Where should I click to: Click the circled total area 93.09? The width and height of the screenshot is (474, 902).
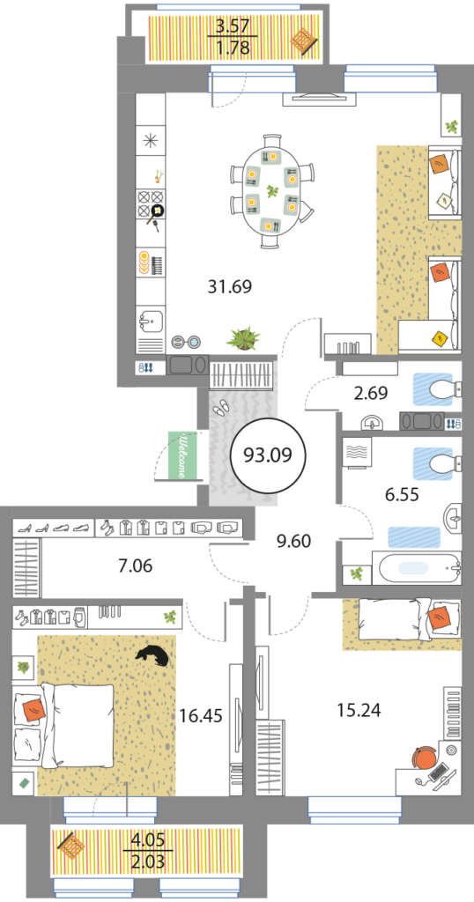tap(268, 455)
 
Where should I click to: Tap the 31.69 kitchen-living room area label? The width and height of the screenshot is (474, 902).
tap(230, 286)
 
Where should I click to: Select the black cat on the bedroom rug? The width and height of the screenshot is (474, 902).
tap(152, 655)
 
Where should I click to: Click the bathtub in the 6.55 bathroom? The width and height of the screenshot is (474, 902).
tap(419, 568)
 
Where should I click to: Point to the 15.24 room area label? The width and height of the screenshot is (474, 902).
tap(359, 710)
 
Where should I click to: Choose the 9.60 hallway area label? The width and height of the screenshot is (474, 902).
tap(293, 542)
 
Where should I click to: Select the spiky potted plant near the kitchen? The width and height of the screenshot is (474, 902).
tap(243, 338)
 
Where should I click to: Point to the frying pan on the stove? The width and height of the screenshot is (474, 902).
tap(156, 217)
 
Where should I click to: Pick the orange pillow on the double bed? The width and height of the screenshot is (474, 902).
tap(33, 710)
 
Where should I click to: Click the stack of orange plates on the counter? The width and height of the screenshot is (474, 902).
tap(143, 262)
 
